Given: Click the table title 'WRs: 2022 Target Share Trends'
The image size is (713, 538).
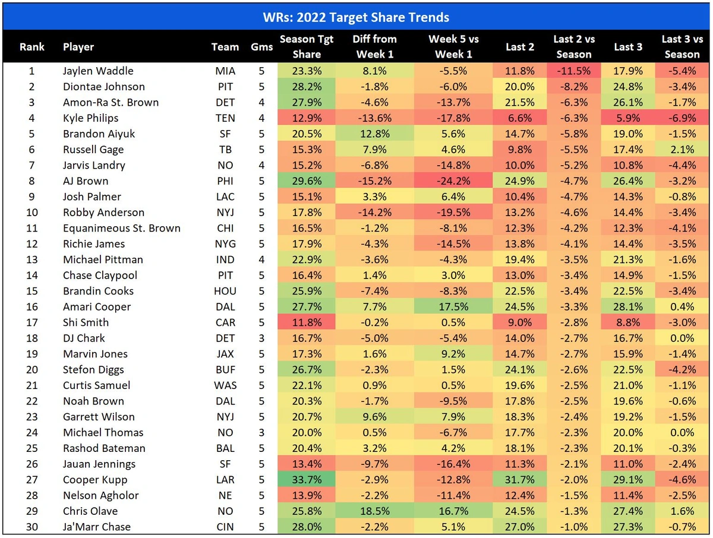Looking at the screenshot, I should click(356, 16).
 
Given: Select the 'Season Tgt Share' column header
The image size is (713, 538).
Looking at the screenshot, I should click(307, 47).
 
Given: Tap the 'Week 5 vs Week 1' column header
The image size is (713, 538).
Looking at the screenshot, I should click(453, 47).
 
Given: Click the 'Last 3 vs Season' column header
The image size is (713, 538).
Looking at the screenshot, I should click(682, 47).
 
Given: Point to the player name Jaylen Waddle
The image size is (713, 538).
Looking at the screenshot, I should click(98, 71).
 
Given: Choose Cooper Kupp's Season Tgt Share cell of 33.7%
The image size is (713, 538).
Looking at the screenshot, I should click(307, 480).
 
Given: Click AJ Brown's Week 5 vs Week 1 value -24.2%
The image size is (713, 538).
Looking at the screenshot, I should click(453, 181).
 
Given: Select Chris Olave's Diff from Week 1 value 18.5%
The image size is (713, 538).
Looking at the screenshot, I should click(374, 511).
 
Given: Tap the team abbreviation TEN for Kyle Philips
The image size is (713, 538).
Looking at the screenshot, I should click(225, 118).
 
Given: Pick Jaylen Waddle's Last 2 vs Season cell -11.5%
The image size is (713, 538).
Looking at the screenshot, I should click(573, 71).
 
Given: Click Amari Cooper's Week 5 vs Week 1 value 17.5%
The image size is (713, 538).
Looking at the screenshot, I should click(453, 307).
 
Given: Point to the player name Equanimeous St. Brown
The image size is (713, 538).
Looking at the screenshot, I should click(121, 228).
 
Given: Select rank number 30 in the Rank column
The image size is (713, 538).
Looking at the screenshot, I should click(32, 527).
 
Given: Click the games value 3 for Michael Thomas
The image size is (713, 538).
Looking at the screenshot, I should click(261, 433).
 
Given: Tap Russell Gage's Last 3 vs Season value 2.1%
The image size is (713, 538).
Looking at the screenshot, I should click(682, 150).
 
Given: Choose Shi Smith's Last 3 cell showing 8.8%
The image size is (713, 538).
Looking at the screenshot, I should click(627, 322).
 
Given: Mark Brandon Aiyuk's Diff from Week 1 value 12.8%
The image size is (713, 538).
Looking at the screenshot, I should click(374, 134).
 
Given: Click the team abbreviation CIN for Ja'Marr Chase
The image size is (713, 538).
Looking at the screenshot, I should click(225, 527).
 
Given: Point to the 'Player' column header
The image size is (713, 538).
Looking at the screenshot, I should click(78, 47).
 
